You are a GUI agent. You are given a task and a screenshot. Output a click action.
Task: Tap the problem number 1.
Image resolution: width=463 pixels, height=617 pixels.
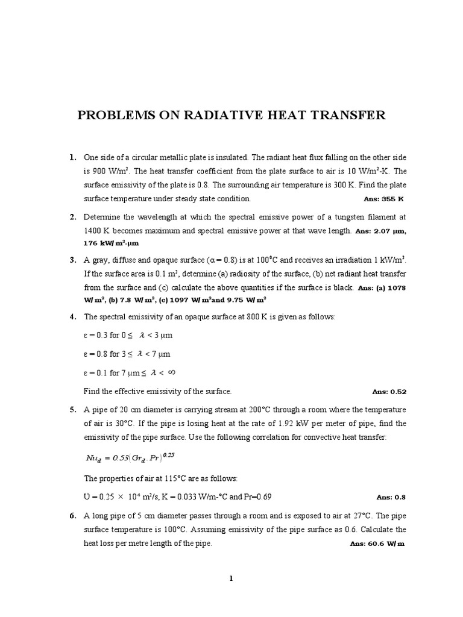tap(72, 158)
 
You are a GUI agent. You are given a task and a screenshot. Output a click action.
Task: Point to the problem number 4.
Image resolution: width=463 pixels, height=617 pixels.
tap(72, 316)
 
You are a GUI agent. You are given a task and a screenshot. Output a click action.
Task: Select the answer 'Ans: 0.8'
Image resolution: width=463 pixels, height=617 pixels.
tap(391, 497)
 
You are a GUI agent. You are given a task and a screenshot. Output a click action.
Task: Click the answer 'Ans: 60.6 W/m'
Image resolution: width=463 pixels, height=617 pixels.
tap(376, 543)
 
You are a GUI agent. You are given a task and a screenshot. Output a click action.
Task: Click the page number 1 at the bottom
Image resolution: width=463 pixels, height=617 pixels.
tap(231, 579)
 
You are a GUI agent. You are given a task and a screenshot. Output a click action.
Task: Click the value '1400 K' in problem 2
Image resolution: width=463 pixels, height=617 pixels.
tap(98, 231)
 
